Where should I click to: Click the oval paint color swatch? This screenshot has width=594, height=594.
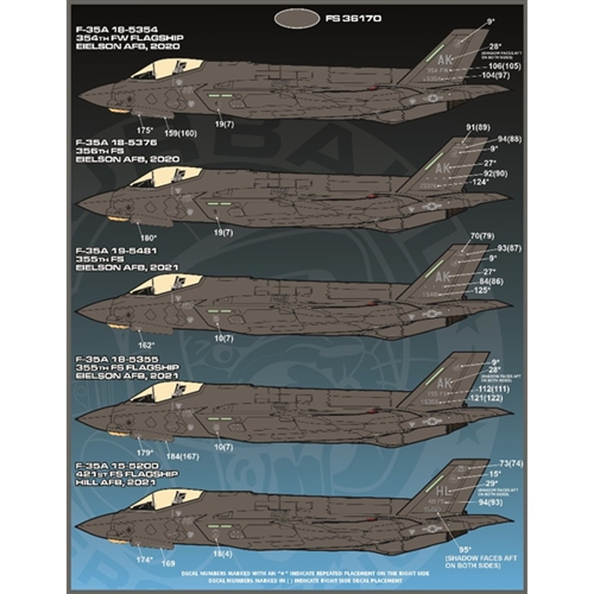pos(297,19)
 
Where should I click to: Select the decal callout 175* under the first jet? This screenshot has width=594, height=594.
pos(145,129)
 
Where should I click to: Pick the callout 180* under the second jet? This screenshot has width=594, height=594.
pos(148,238)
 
